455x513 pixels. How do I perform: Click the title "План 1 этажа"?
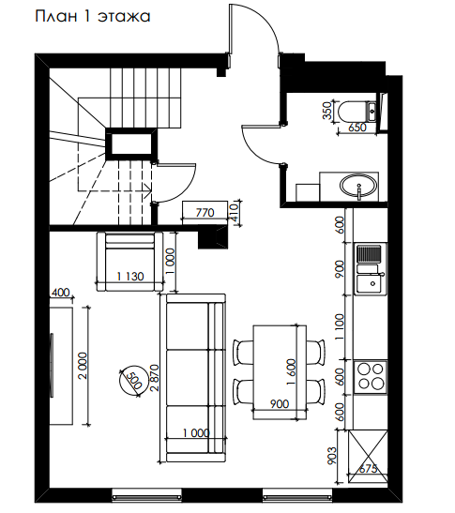(93, 17)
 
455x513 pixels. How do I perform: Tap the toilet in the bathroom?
(357, 112)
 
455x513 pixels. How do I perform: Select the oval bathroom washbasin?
(358, 186)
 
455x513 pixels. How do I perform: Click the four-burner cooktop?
(371, 377)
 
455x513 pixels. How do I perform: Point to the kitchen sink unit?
(371, 269)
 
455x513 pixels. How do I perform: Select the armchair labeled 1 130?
(130, 261)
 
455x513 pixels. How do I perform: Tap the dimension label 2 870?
(155, 378)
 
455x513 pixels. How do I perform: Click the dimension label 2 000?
(83, 366)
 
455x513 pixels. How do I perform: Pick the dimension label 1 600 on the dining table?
(292, 371)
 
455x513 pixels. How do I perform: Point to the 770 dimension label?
(205, 213)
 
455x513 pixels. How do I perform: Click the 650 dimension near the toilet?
(357, 128)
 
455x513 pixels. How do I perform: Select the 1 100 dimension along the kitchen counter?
(341, 326)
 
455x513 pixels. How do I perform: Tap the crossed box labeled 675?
(368, 457)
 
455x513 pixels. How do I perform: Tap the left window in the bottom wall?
(146, 497)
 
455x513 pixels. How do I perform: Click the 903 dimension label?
(331, 456)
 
